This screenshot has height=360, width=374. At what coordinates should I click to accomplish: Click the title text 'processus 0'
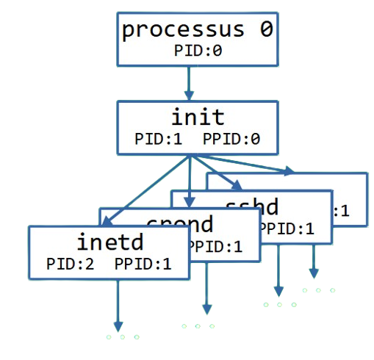click(x=197, y=31)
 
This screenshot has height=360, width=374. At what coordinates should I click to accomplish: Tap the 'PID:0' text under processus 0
click(x=197, y=51)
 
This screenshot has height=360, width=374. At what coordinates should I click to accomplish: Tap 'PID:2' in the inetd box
click(x=70, y=263)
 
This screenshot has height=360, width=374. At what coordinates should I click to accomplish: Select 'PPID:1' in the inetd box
click(x=143, y=263)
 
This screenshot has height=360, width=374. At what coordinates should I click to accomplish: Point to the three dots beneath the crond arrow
click(x=198, y=326)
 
